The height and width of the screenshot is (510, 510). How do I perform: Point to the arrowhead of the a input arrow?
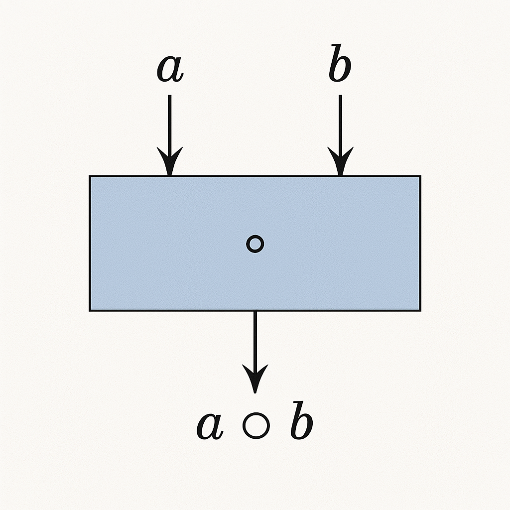coord(169,162)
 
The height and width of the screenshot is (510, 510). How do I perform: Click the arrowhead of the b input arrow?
coord(340,162)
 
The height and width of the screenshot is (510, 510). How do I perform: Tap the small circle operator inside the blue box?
coord(255,244)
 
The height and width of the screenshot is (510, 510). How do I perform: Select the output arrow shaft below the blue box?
coord(255,339)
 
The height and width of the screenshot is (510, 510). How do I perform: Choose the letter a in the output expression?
coord(210,426)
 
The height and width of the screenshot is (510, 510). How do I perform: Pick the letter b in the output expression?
coord(302,424)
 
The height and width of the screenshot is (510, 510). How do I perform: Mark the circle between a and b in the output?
coord(256,426)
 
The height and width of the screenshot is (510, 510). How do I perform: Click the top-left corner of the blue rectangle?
coord(90,176)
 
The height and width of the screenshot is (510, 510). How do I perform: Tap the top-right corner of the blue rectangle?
coord(420,176)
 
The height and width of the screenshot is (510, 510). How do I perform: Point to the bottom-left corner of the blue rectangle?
coord(90,310)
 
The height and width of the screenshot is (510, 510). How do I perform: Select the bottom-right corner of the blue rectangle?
coord(420,310)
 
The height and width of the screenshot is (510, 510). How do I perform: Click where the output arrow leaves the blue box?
coord(255,311)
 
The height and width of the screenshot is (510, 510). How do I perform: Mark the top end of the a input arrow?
coord(169,96)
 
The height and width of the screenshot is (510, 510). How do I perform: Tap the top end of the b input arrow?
coord(340,96)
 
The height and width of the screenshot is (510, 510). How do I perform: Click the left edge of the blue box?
coord(90,244)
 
